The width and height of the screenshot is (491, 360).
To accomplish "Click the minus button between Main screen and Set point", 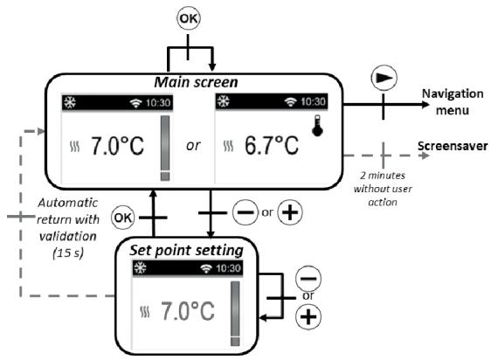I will pos(244,213).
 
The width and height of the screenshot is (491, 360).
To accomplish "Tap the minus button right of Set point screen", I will pos(307,280).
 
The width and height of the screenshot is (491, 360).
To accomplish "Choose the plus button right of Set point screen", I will pos(307,318).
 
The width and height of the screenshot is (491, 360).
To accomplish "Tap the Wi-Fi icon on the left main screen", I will pos(135,102).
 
